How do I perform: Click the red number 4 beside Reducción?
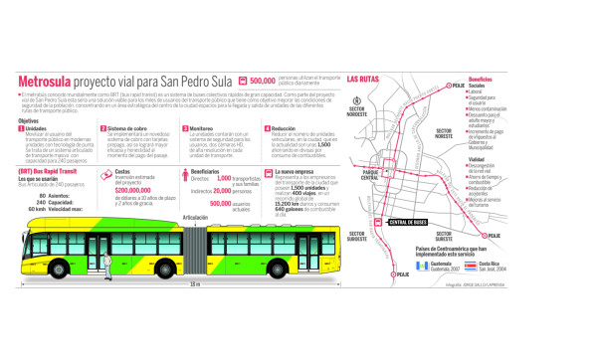coord(267,128)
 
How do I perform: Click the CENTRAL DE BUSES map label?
coord(408,223)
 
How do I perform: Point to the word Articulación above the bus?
coord(196,216)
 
